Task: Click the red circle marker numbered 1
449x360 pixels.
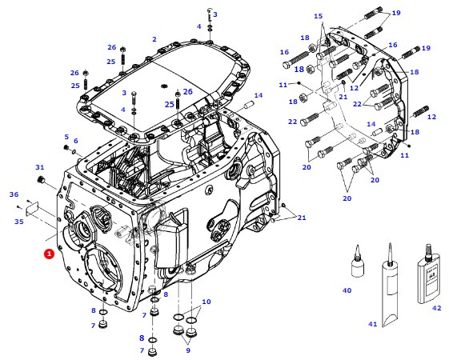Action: [49, 253]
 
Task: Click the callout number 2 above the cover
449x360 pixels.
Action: [154, 39]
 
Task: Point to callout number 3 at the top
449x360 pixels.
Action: [215, 14]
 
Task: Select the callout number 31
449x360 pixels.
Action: [40, 167]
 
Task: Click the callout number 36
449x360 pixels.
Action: [14, 194]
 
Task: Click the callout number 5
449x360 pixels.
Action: [66, 137]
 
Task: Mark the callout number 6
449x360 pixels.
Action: [76, 142]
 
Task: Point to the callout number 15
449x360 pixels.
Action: [318, 16]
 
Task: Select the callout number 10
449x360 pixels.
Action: [206, 302]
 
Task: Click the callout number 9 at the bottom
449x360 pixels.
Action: [188, 350]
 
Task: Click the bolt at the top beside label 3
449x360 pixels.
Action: [208, 16]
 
